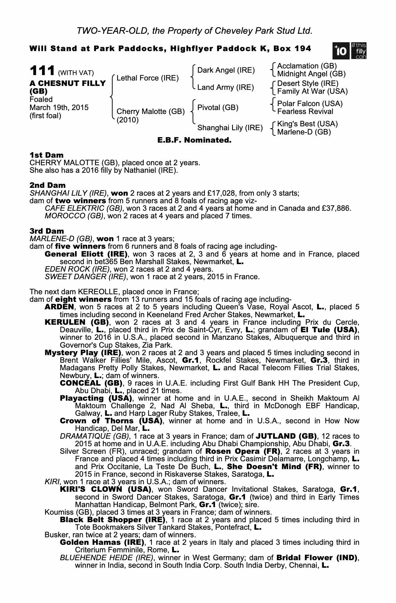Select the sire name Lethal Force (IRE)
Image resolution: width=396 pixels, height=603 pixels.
(148, 78)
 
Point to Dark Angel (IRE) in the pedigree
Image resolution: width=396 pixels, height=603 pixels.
(226, 71)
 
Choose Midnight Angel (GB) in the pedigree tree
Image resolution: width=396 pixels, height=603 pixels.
(311, 74)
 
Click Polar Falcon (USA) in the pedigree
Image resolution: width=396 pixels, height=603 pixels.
(310, 104)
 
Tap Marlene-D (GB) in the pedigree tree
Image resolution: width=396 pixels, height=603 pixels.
(304, 132)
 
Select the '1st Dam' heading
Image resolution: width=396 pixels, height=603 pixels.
(46, 155)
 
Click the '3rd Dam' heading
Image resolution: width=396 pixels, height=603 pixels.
(47, 231)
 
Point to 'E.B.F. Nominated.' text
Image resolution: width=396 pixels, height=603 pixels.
(194, 140)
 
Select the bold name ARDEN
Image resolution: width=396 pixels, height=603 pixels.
(59, 307)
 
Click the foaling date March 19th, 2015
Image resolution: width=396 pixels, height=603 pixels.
(59, 108)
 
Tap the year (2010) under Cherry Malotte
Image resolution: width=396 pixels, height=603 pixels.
(127, 120)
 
